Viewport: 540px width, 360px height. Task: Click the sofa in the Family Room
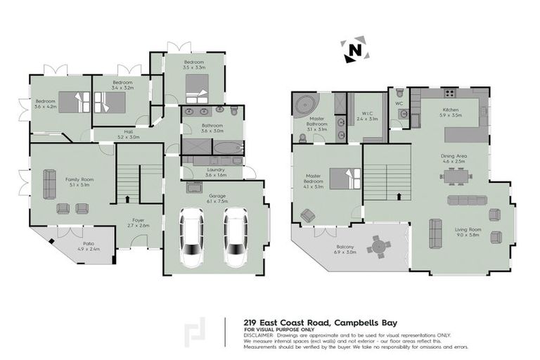tap(49, 184)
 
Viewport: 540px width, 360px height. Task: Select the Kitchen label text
tap(450, 112)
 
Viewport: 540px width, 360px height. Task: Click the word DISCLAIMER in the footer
tap(259, 335)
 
